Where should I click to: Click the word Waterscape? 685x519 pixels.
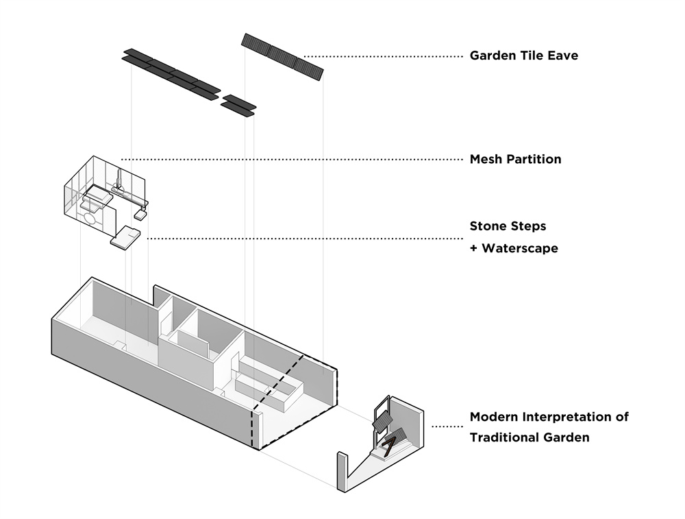(x=520, y=248)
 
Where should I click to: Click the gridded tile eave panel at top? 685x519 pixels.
(x=283, y=57)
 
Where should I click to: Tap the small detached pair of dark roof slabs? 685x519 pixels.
(x=238, y=106)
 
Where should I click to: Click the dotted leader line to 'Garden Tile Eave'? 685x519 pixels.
(x=383, y=56)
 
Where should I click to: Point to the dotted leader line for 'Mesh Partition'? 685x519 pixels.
(x=292, y=160)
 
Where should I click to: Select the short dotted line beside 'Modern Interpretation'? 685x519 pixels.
(x=447, y=426)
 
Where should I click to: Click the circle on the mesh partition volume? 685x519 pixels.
(x=90, y=217)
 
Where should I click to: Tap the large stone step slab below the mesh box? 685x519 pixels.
(x=125, y=237)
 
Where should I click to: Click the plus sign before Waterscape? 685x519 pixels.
(x=473, y=248)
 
